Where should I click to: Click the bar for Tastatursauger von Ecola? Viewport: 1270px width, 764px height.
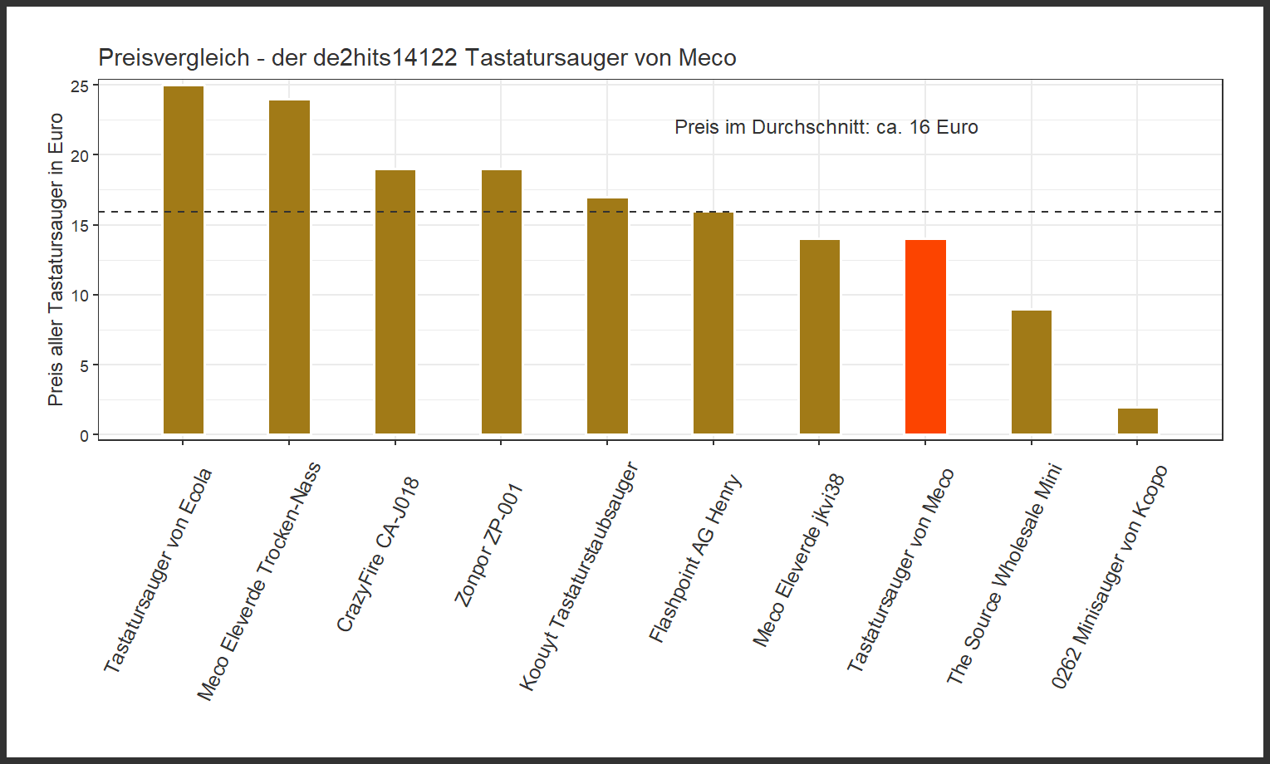[x=184, y=260]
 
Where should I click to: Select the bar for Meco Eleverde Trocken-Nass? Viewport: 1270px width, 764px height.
[x=289, y=267]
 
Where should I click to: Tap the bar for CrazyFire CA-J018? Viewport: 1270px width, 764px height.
[x=395, y=301]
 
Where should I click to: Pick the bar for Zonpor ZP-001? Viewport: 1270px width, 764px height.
[x=501, y=301]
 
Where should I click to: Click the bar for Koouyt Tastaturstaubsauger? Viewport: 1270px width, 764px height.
[x=607, y=316]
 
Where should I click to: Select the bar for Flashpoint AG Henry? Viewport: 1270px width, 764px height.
[x=713, y=323]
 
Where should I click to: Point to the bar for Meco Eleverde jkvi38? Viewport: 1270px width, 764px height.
[x=819, y=336]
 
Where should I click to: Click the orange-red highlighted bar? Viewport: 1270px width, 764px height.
[x=925, y=336]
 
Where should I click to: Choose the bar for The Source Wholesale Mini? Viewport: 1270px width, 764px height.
[x=1031, y=372]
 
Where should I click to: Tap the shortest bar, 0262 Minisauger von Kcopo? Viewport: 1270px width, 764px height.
[x=1137, y=421]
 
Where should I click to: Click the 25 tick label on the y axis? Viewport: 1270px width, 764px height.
[x=79, y=86]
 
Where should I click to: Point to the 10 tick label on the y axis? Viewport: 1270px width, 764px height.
[x=79, y=296]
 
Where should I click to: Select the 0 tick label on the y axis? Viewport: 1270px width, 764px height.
[x=84, y=435]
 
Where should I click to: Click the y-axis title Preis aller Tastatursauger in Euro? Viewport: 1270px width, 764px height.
[x=56, y=259]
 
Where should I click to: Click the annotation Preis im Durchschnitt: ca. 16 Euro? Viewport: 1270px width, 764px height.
[x=826, y=128]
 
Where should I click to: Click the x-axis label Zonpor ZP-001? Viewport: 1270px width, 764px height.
[x=488, y=545]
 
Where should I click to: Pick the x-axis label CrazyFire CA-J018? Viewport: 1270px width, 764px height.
[x=378, y=555]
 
